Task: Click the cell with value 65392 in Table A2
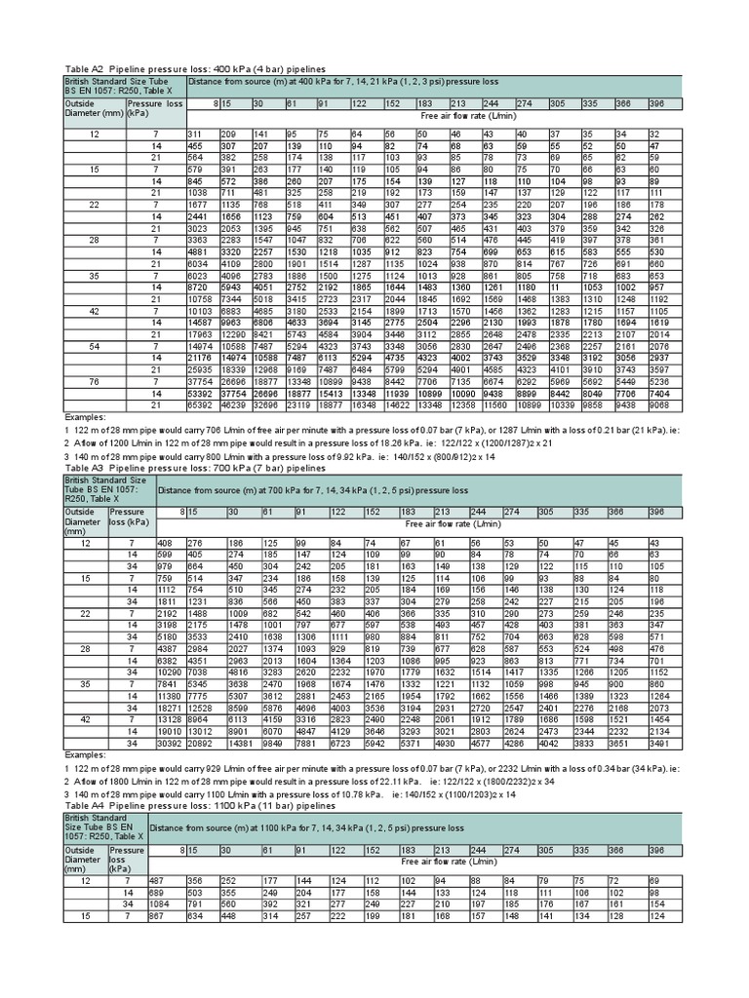tap(201, 403)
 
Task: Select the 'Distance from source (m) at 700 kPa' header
tap(312, 489)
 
